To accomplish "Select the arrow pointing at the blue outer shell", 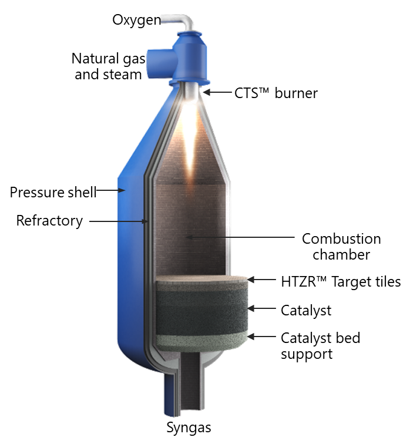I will pos(110,190).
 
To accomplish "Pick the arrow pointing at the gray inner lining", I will pos(117,221).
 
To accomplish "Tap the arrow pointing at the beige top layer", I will pos(261,280).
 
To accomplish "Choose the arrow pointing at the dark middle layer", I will pos(261,308).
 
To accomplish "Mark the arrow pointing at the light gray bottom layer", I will pos(261,337).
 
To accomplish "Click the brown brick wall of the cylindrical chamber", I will pos(176,235).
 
